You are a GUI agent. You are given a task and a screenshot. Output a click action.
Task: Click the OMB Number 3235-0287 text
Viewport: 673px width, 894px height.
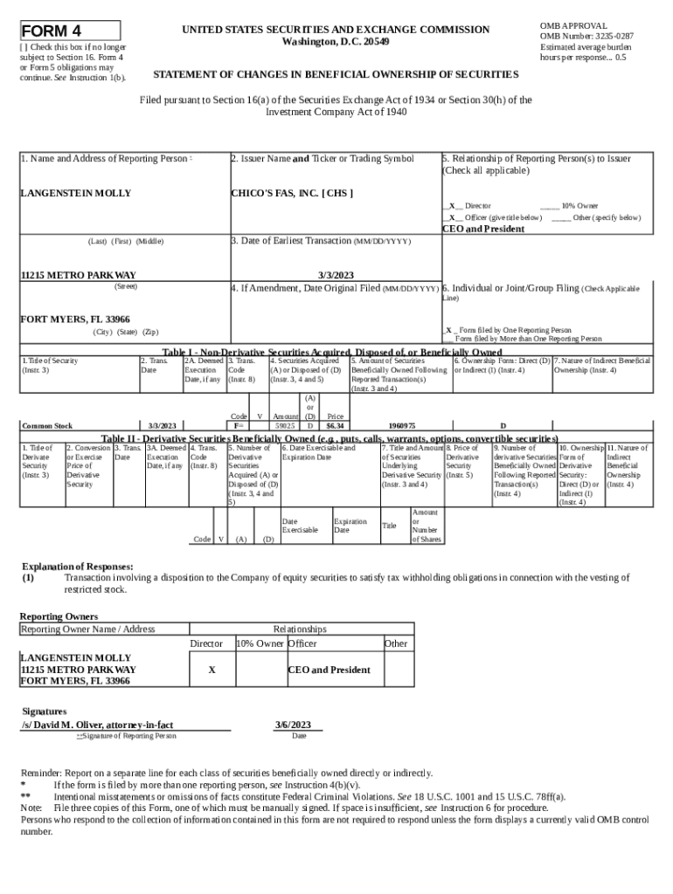click(586, 36)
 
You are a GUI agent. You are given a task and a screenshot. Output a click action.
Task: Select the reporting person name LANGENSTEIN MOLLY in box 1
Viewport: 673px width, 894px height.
click(76, 193)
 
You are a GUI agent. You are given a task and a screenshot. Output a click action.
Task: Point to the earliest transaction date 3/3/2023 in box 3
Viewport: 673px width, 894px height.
click(336, 274)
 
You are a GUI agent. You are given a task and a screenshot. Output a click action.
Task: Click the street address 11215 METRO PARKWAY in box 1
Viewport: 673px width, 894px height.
click(78, 275)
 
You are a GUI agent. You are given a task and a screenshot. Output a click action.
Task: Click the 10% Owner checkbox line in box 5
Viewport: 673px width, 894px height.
click(550, 205)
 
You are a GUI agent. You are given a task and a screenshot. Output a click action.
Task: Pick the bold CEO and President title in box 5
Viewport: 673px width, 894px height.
click(483, 229)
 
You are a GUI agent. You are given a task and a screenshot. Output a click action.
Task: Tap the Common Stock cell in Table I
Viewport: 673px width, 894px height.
click(47, 426)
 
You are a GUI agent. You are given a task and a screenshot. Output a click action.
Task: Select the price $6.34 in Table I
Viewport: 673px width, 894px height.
click(335, 426)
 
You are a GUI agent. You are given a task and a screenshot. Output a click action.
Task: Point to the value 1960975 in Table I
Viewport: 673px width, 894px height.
click(402, 426)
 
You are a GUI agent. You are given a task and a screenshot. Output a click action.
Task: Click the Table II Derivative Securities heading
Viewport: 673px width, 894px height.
click(330, 438)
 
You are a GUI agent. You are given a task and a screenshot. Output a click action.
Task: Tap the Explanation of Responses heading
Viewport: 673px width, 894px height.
click(77, 567)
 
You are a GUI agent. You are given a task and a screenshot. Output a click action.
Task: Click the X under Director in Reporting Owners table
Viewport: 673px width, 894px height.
click(212, 670)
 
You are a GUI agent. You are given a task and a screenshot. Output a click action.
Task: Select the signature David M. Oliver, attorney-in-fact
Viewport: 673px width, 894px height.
click(97, 725)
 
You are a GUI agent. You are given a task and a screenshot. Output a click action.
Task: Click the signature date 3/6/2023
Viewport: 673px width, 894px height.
click(293, 725)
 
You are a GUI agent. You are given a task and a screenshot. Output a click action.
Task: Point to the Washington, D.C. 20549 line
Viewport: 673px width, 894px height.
click(336, 42)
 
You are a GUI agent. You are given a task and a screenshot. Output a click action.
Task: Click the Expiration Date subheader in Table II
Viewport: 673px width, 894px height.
click(350, 526)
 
